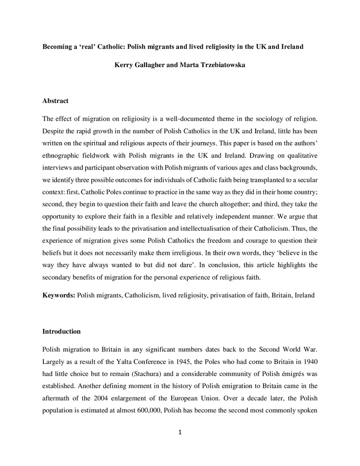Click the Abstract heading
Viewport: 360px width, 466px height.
coord(55,101)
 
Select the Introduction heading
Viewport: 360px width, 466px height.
coord(61,331)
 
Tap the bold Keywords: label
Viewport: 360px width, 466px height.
coord(59,295)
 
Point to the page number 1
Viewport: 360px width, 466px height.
coord(180,432)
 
